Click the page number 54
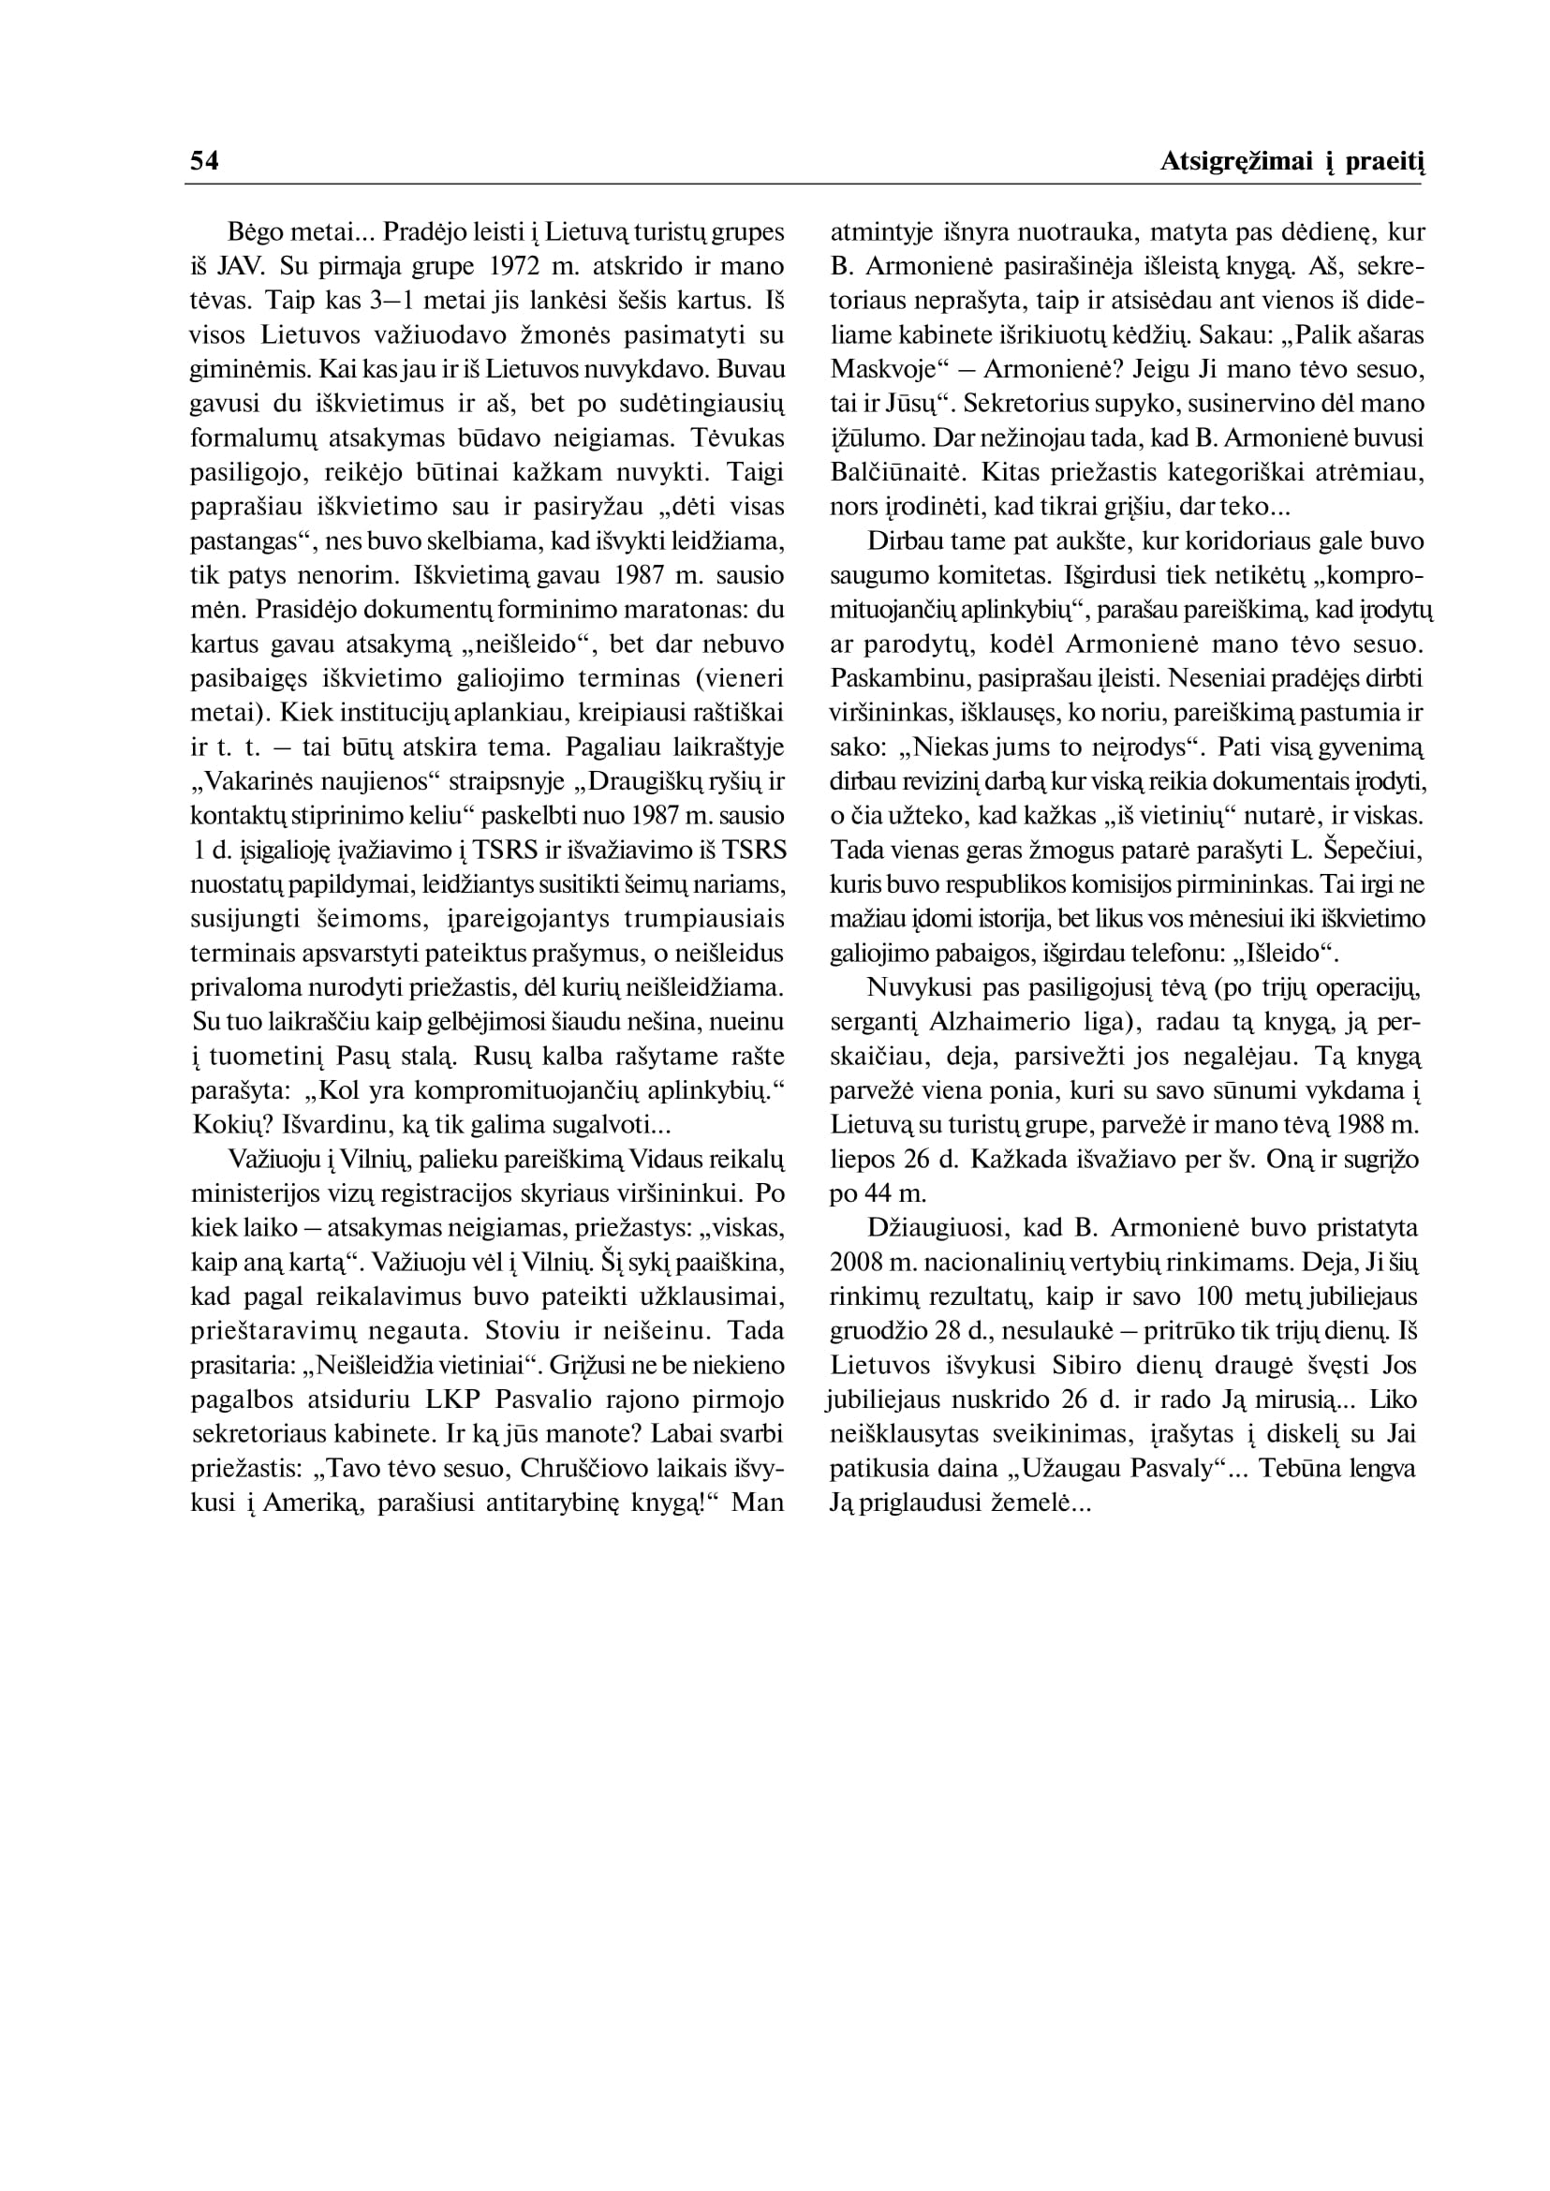pos(204,161)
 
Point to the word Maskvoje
pos(886,369)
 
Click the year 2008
pos(857,1262)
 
